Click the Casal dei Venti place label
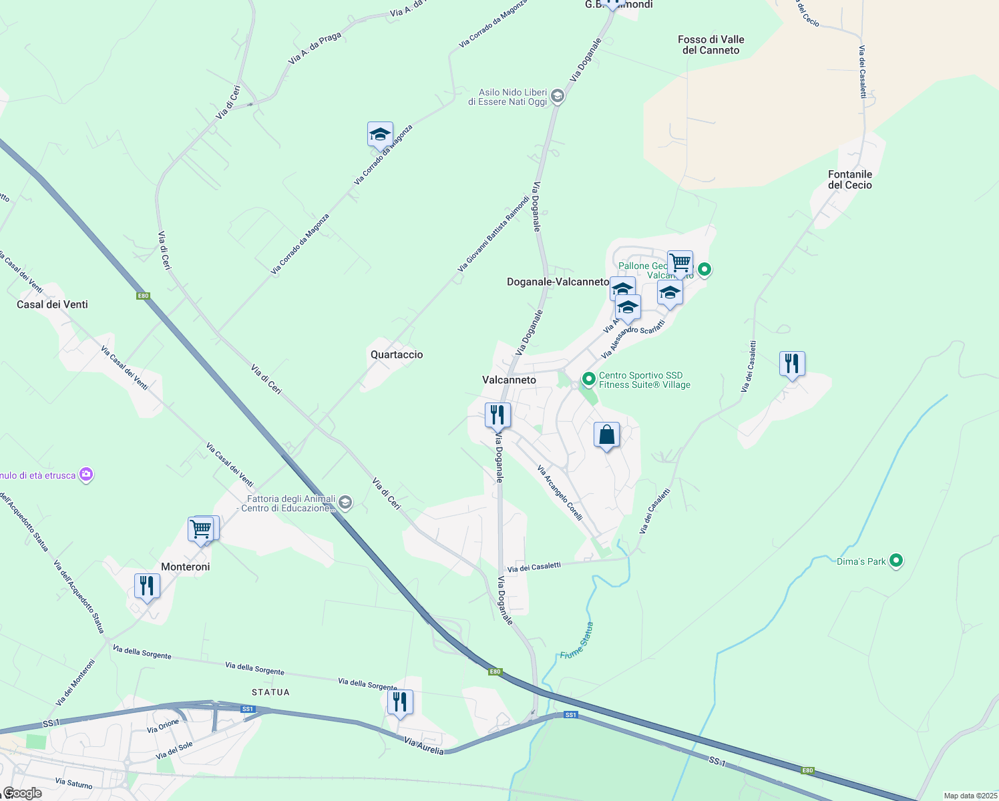click(x=52, y=304)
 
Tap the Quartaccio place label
click(x=397, y=354)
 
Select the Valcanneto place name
click(x=509, y=380)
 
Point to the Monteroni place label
click(x=185, y=567)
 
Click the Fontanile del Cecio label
click(x=849, y=180)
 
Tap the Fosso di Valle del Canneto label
click(x=711, y=45)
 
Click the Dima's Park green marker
click(x=896, y=561)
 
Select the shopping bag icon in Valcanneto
click(x=606, y=435)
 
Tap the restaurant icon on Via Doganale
click(x=497, y=415)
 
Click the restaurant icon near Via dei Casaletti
click(x=792, y=364)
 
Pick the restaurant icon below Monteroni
click(x=146, y=586)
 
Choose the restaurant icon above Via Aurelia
click(x=400, y=702)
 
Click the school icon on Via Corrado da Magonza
click(x=380, y=135)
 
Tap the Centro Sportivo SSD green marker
click(x=588, y=379)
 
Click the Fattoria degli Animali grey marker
click(x=345, y=502)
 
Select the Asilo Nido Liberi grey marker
click(x=558, y=97)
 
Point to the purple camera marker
click(x=86, y=475)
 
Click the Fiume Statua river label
click(x=577, y=641)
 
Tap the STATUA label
click(x=270, y=692)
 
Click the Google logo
click(x=22, y=793)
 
